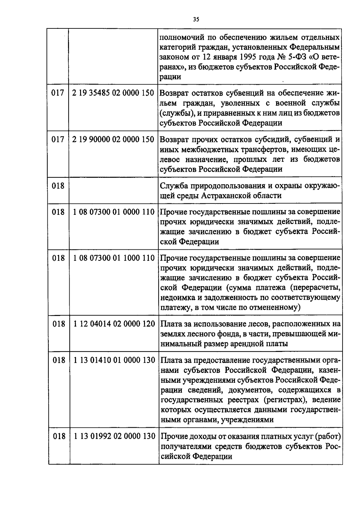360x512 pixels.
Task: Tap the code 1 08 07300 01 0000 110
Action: pyautogui.click(x=114, y=212)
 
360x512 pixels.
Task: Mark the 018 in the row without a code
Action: pyautogui.click(x=58, y=186)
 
